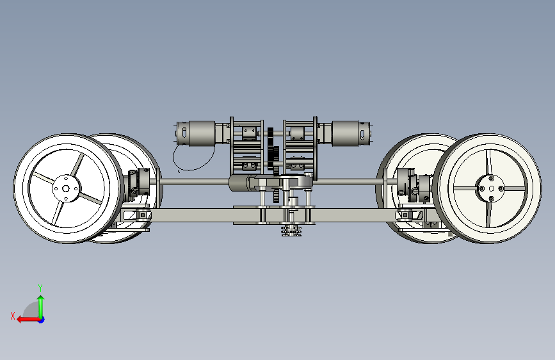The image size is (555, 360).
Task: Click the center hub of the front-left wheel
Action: coord(66,188)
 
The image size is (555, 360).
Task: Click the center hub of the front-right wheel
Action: coord(491,188)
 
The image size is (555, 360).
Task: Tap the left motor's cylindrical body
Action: coord(202,133)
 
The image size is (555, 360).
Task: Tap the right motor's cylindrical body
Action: coord(346,133)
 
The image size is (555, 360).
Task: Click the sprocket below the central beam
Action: coord(291,231)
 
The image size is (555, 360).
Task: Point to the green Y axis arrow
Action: coord(41,307)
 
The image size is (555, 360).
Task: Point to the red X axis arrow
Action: coord(29,320)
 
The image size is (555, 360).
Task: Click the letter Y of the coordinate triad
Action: coord(40,288)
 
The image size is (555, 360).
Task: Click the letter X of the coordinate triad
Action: coord(13,316)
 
